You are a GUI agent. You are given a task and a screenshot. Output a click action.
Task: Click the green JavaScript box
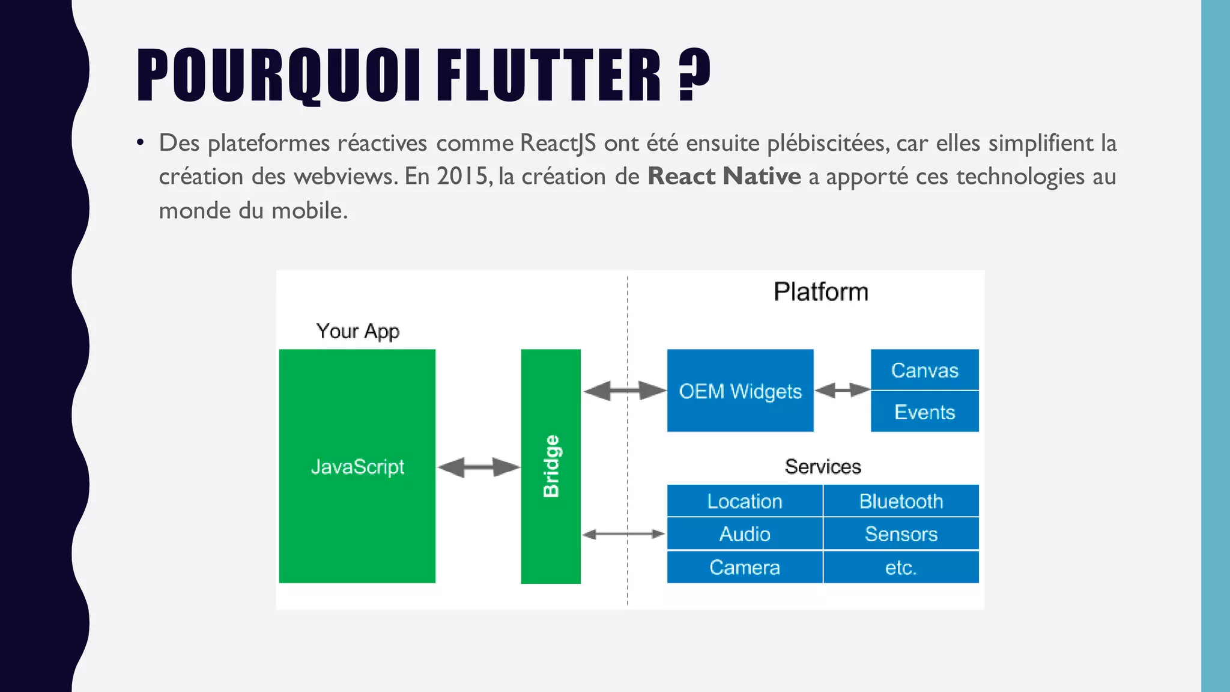pos(357,466)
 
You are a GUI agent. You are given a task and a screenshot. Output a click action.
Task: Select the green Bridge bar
pos(551,466)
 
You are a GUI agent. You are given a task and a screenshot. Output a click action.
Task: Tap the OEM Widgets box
pos(740,390)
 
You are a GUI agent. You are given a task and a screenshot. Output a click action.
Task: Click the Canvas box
pos(924,370)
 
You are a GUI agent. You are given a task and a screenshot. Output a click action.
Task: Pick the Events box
pos(924,412)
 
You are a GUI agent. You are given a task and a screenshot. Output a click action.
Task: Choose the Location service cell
pos(745,501)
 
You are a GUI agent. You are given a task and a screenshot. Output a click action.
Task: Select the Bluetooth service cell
pos(901,501)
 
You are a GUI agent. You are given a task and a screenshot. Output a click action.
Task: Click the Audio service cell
pos(745,534)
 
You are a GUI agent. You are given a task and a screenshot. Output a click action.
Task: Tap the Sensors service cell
pos(901,534)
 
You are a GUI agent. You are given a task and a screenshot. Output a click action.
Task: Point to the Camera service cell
pos(745,567)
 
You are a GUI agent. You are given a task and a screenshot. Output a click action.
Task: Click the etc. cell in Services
pos(901,567)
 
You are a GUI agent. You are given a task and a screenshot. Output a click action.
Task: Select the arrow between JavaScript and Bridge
pos(479,467)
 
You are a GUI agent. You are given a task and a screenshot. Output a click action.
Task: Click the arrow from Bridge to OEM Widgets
pos(625,390)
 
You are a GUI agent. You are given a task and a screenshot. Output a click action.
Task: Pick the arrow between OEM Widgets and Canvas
pos(842,390)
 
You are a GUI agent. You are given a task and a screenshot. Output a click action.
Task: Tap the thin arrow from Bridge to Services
pos(623,533)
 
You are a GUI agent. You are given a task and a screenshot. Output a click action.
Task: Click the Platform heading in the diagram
pos(820,292)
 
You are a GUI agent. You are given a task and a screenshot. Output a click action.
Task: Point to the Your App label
pos(357,331)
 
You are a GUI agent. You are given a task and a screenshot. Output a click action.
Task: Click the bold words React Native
pos(724,177)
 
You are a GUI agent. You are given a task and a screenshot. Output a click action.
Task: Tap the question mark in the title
pos(694,74)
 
